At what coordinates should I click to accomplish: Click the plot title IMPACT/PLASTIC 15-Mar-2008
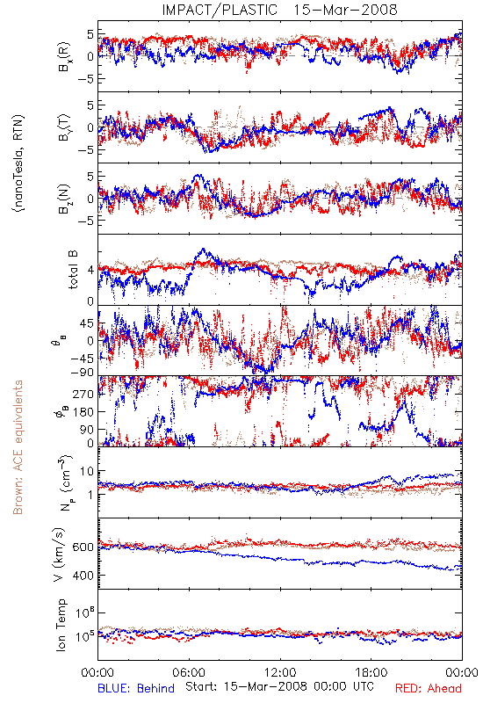279,10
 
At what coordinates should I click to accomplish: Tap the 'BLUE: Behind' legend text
136,688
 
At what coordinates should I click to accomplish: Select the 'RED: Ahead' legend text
429,688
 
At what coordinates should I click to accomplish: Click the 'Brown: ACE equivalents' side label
18,447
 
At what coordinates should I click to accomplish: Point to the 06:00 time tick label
189,672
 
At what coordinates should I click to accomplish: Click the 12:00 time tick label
280,672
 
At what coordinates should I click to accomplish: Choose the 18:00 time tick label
371,672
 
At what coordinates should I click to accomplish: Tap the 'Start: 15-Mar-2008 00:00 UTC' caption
279,686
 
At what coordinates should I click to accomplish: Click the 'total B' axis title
73,270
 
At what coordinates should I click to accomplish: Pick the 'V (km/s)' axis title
60,554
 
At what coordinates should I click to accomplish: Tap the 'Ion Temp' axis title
61,625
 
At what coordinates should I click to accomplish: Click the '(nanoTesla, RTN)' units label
18,163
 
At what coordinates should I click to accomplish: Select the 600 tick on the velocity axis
83,547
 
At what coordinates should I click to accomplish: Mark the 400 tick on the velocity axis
83,576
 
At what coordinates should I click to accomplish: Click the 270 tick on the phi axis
83,394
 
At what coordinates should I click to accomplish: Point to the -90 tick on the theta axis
83,373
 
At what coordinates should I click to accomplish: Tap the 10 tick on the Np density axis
87,471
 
